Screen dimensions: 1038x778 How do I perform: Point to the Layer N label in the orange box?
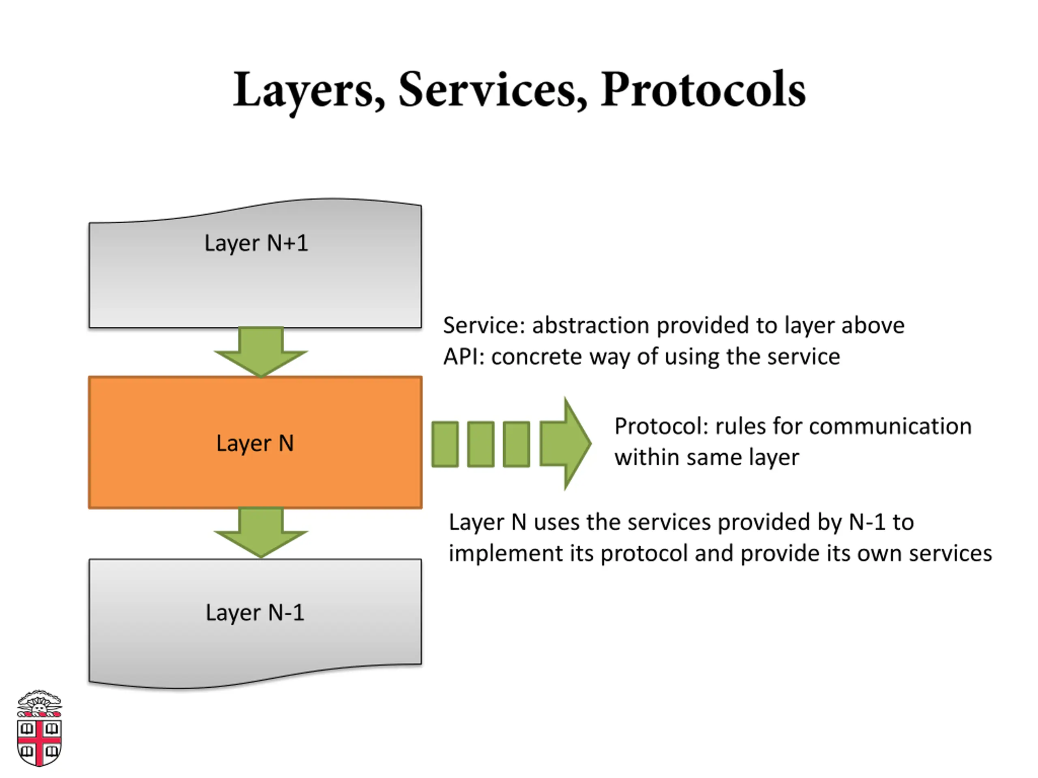[255, 443]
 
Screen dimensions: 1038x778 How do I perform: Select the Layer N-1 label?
[255, 612]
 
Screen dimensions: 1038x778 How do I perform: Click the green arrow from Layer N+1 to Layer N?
[261, 352]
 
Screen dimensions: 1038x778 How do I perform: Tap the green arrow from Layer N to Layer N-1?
[261, 533]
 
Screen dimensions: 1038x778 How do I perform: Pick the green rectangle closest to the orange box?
[445, 444]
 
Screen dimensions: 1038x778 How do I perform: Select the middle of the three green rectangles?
[480, 444]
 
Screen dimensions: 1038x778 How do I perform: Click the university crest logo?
[39, 728]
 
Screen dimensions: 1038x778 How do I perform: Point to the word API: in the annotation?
[463, 357]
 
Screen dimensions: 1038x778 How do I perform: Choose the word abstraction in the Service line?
[591, 325]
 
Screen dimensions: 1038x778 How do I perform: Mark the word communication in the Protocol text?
[890, 426]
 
